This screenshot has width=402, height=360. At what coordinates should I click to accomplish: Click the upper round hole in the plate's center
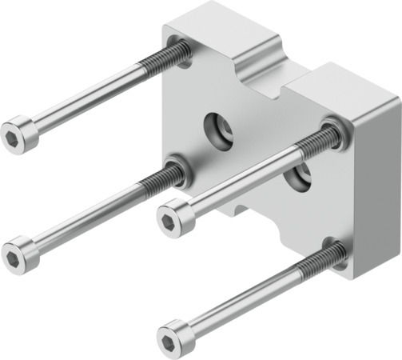coord(218,127)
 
